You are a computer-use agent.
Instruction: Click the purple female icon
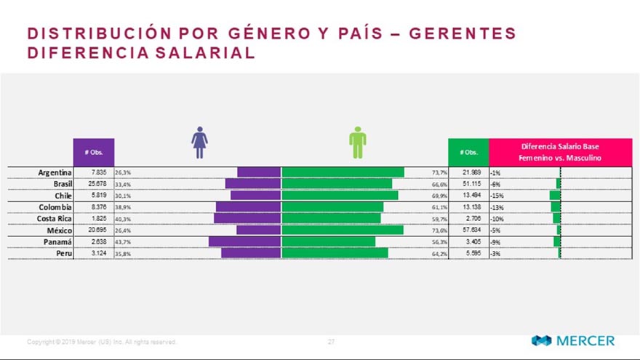tap(200, 143)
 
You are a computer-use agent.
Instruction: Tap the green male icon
tap(357, 143)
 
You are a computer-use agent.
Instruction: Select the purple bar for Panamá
tap(244, 241)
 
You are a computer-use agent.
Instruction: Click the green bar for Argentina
tap(343, 172)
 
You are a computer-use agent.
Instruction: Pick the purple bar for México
tap(258, 230)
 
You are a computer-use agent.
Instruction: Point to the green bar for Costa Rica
tap(331, 218)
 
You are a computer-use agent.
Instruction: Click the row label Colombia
tap(55, 207)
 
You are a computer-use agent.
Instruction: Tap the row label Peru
tap(63, 252)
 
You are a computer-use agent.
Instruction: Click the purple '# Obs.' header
tap(94, 152)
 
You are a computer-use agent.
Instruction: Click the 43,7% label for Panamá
tap(122, 241)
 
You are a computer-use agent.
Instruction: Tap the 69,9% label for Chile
tap(439, 196)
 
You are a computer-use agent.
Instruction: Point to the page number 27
tap(331, 341)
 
